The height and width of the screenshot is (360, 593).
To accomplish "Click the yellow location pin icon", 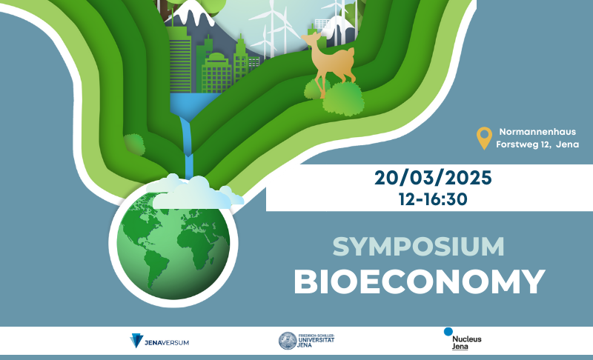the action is click(x=484, y=138).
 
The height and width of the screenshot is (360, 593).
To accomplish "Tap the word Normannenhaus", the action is click(x=537, y=132).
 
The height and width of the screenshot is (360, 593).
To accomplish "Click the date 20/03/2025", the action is click(x=433, y=178).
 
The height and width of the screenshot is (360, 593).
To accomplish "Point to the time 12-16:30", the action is click(x=433, y=199).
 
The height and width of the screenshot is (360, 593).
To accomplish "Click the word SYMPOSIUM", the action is click(x=418, y=247).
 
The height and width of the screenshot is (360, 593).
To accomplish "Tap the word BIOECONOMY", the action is click(x=420, y=281).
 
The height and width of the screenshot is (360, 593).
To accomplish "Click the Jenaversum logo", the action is click(x=159, y=341).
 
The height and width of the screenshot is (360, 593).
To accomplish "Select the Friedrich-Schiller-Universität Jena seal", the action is click(x=288, y=341).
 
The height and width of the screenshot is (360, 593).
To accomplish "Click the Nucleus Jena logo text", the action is click(x=467, y=343).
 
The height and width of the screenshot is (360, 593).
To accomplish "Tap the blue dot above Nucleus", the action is click(x=448, y=332).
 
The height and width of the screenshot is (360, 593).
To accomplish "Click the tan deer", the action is click(x=329, y=62).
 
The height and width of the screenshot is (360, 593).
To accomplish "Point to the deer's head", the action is click(x=311, y=39).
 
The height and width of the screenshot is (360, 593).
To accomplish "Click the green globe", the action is click(x=173, y=244).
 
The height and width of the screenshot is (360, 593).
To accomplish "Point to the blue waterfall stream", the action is click(x=187, y=147).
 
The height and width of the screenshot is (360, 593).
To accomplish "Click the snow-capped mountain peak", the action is click(x=188, y=10).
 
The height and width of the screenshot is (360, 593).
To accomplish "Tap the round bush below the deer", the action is click(x=343, y=99).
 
